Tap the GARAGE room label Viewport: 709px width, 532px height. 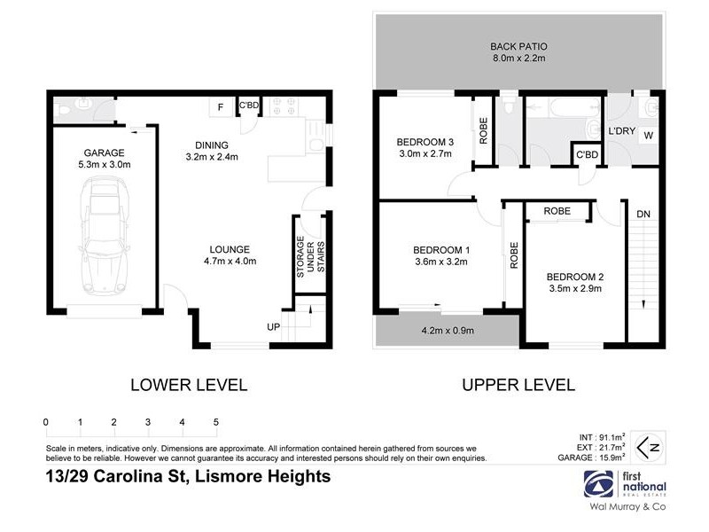105,158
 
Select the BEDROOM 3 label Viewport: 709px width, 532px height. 425,147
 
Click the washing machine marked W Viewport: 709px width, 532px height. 648,136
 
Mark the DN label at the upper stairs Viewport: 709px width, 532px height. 643,214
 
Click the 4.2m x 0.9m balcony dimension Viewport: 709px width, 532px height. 448,332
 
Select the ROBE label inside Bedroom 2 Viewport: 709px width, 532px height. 557,211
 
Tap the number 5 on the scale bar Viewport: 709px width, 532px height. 215,422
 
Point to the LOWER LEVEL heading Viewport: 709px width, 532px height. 189,385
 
